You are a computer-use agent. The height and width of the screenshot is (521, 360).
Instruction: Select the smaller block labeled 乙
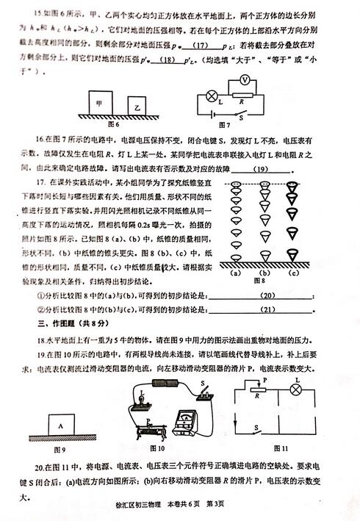(137, 107)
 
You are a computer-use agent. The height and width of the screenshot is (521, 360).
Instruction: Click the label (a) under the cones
(237, 272)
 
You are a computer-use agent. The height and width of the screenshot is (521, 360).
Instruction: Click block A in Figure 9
(64, 425)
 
